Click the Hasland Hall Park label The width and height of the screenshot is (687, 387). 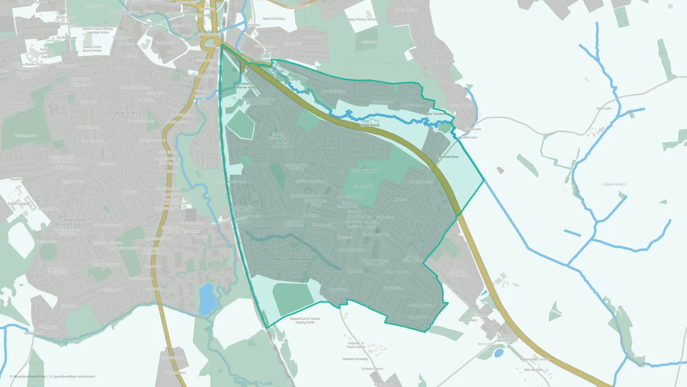(x=294, y=259)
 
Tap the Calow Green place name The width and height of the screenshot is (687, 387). (x=614, y=184)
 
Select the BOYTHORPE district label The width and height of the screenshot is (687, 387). (x=21, y=105)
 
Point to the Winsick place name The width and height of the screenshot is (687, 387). (x=485, y=344)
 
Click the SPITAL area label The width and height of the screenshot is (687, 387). (x=272, y=52)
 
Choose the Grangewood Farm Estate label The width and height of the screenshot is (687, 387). (x=71, y=222)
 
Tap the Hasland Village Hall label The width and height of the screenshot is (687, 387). (x=364, y=171)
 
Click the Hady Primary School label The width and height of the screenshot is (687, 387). (x=362, y=20)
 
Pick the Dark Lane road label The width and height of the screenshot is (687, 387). (x=604, y=108)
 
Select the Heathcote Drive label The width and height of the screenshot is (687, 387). (x=447, y=157)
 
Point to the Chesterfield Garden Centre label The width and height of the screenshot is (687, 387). (x=507, y=339)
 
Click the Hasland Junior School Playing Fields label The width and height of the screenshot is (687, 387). (x=305, y=321)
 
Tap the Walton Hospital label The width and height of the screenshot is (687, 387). (x=19, y=204)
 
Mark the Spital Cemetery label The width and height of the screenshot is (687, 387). (x=274, y=19)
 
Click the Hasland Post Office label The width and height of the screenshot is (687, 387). (x=376, y=235)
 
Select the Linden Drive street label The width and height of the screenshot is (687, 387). (x=418, y=317)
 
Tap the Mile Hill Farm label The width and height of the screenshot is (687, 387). (x=533, y=370)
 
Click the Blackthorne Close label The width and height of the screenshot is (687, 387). (x=421, y=182)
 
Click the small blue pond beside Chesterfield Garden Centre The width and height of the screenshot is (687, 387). (x=498, y=353)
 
